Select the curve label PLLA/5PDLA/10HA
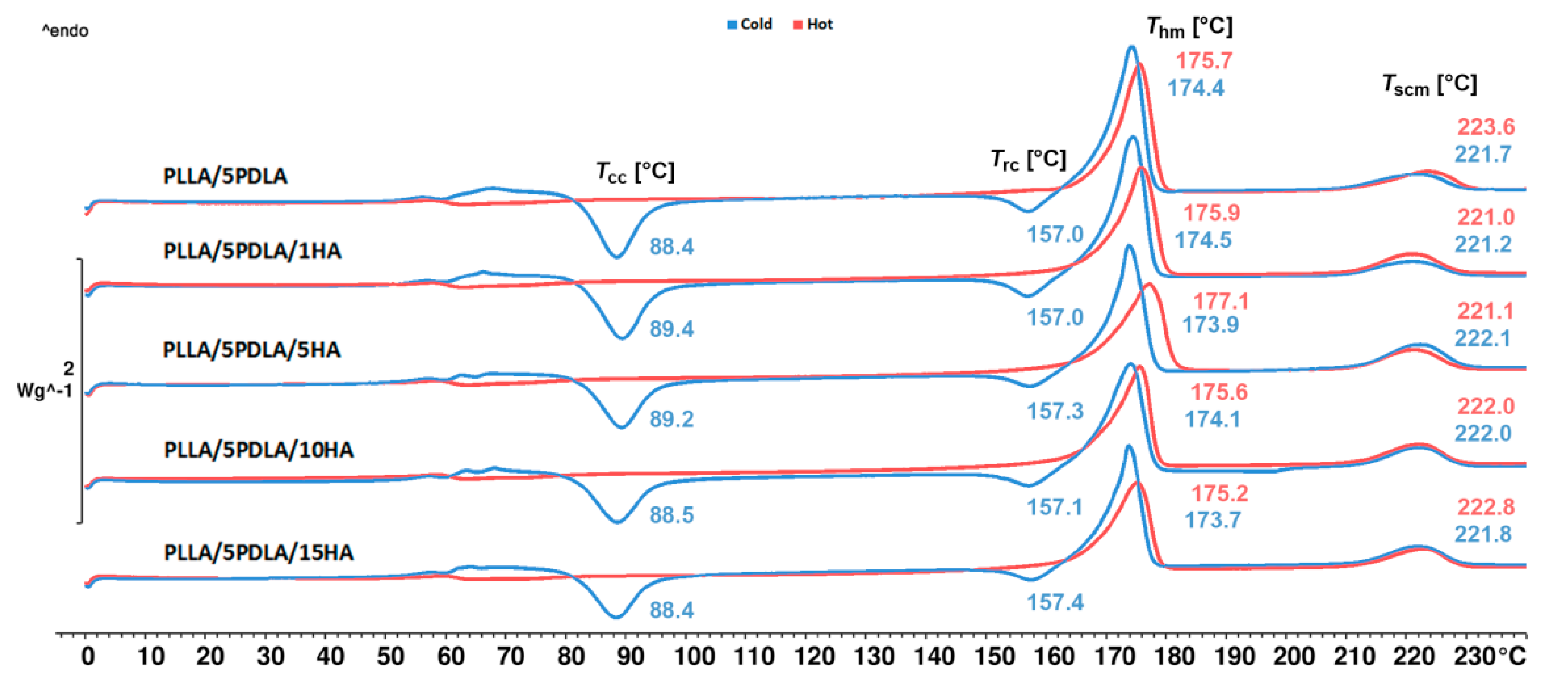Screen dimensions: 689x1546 coord(259,450)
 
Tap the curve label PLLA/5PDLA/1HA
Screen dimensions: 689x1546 coord(252,251)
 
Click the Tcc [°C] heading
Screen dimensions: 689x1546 coord(635,172)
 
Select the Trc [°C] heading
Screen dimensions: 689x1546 coord(1028,160)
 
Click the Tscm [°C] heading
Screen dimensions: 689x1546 coord(1430,85)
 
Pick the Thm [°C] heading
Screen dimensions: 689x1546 coord(1189,27)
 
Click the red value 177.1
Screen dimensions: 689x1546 coord(1221,301)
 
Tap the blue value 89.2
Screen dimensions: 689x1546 coord(672,419)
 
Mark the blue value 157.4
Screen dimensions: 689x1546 coord(1055,602)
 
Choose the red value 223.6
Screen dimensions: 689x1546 coord(1486,127)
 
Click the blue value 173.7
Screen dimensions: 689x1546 coord(1213,520)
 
